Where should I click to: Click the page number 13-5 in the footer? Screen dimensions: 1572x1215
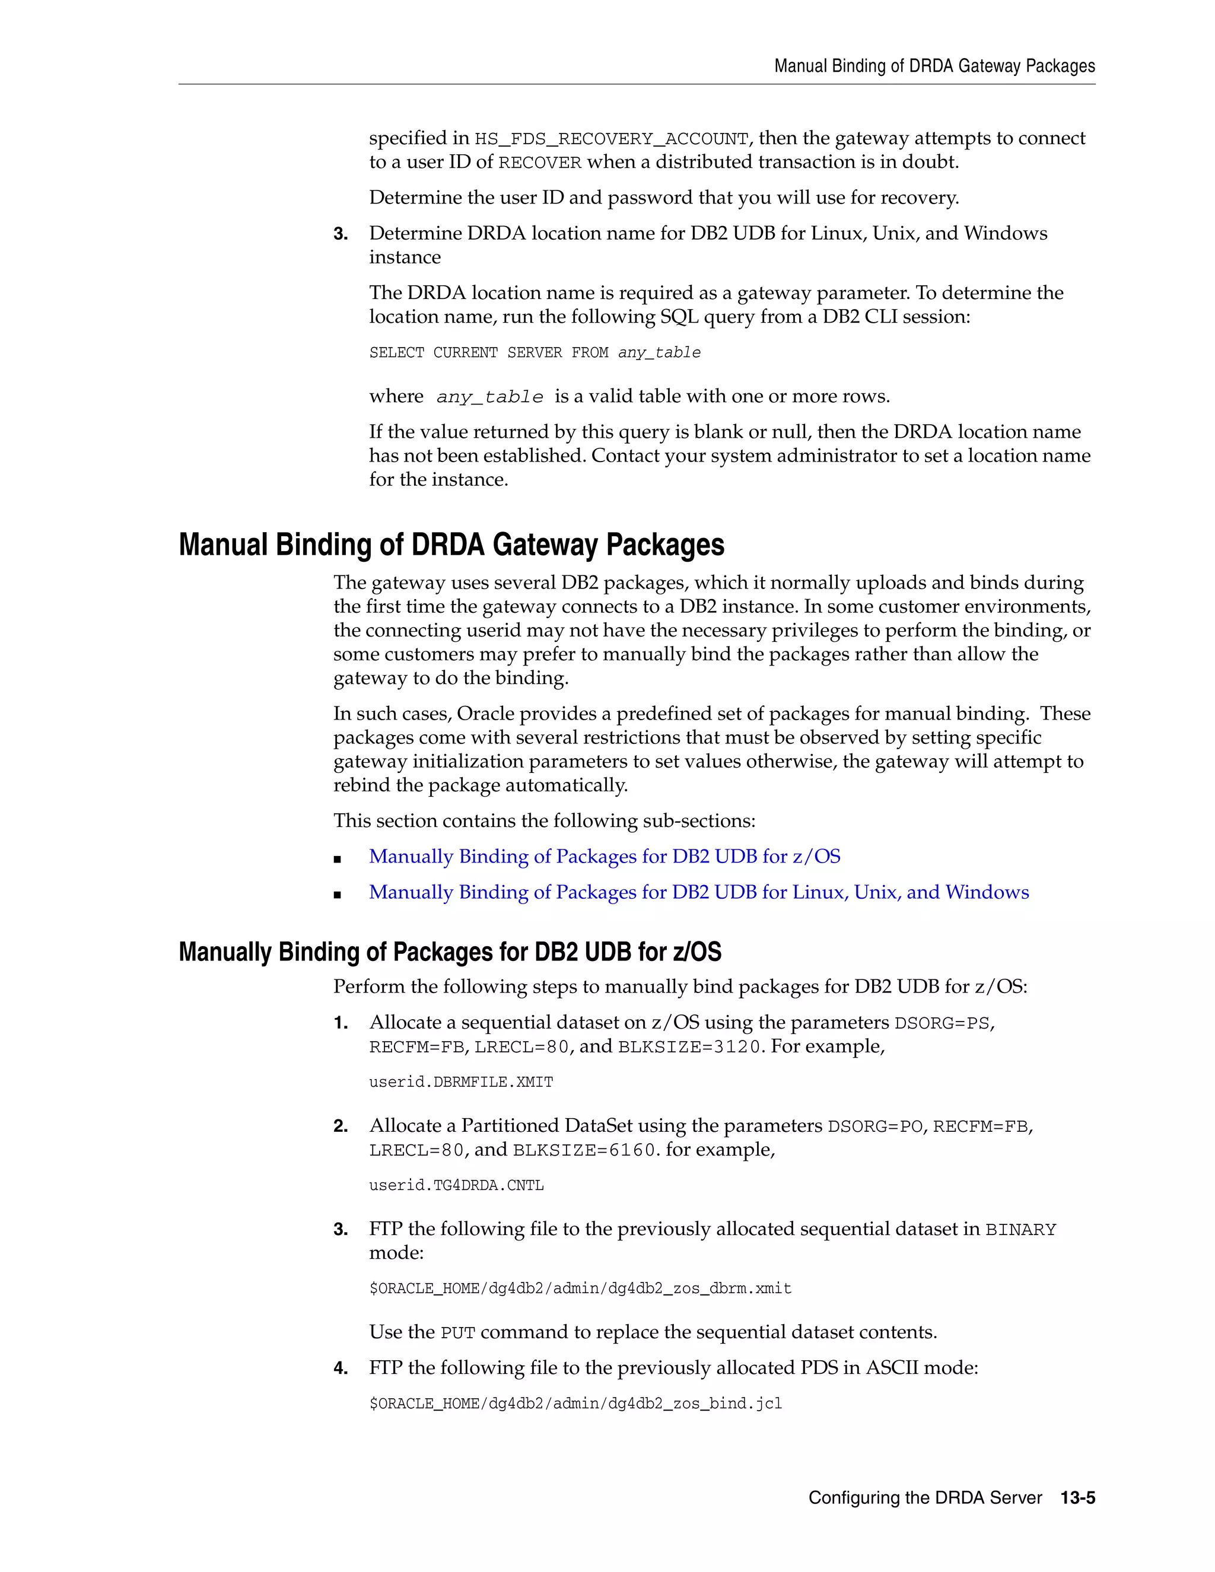click(x=1077, y=1498)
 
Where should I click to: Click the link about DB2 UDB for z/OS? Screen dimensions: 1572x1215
click(x=604, y=857)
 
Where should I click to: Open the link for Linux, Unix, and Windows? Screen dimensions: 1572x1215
click(x=698, y=893)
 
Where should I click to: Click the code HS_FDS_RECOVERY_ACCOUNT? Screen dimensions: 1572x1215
click(x=611, y=139)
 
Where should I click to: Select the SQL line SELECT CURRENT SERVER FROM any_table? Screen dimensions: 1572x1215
click(x=534, y=353)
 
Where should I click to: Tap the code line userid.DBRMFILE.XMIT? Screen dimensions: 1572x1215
click(x=460, y=1082)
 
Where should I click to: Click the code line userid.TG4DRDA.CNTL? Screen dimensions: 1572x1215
click(x=456, y=1185)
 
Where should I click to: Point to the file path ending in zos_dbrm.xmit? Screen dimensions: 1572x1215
click(x=580, y=1288)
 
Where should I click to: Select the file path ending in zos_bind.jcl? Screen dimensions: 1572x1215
click(x=575, y=1404)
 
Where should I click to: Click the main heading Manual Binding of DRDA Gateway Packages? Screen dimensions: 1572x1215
click(x=451, y=545)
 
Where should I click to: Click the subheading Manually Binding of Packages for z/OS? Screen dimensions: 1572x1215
click(x=450, y=952)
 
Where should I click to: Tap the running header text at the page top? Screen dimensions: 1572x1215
click(x=934, y=66)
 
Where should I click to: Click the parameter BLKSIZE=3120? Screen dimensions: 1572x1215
click(x=689, y=1047)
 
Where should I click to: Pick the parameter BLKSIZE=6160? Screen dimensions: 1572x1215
click(x=584, y=1150)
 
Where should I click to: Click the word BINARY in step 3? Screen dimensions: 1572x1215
click(x=1020, y=1230)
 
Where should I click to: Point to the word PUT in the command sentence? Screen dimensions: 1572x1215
click(x=458, y=1334)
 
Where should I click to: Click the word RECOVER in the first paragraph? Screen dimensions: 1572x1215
click(x=539, y=163)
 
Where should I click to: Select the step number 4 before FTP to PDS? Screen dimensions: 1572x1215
click(x=341, y=1369)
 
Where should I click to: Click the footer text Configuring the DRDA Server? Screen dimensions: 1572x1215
click(x=925, y=1498)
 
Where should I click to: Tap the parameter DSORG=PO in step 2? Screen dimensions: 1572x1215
click(x=874, y=1127)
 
